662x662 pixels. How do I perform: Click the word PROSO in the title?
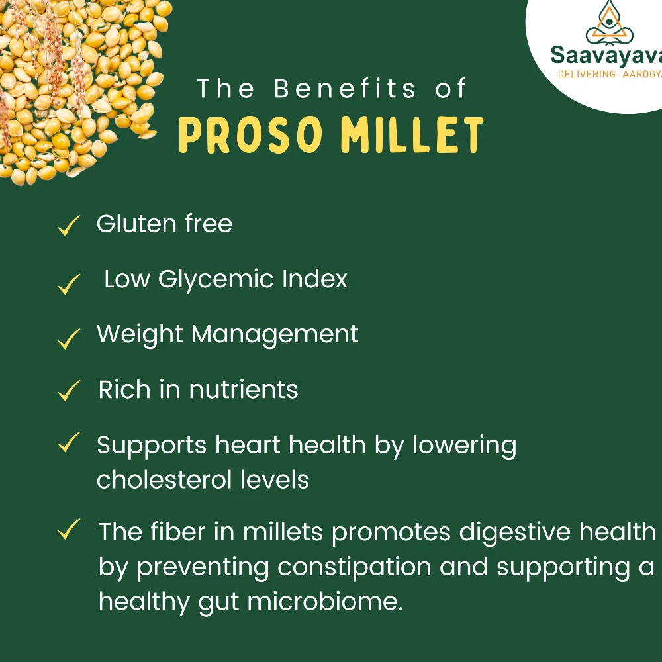tap(251, 134)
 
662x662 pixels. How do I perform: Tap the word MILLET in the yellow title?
tap(412, 134)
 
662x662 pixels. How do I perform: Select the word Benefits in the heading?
tap(345, 89)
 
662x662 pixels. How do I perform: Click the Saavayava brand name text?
tap(606, 56)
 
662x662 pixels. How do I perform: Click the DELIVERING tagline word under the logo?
tap(587, 74)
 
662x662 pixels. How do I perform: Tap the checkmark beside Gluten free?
tap(69, 226)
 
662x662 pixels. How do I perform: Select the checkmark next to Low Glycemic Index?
tap(69, 284)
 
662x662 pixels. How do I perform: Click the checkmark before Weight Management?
tap(69, 338)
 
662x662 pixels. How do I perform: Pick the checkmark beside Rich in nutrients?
tap(69, 390)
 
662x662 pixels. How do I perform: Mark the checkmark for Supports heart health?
tap(69, 442)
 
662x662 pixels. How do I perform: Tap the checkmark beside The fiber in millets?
tap(69, 528)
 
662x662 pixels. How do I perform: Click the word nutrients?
tap(244, 389)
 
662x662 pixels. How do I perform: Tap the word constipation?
tap(354, 568)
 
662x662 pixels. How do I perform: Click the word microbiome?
tap(325, 602)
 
